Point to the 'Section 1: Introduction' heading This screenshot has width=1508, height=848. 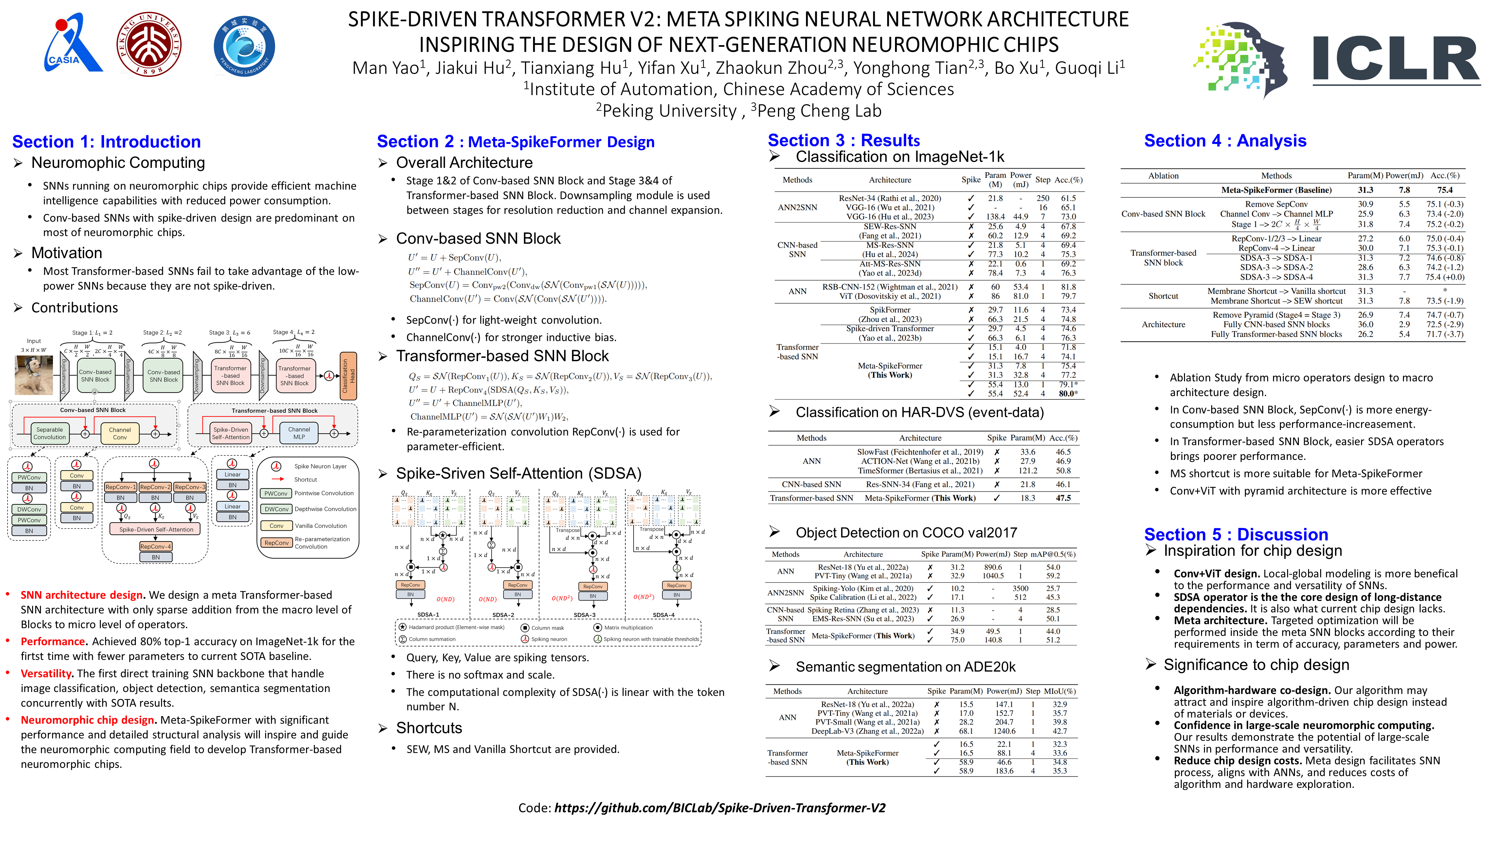click(107, 142)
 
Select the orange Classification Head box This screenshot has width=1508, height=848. click(348, 376)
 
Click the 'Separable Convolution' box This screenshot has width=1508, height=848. click(50, 433)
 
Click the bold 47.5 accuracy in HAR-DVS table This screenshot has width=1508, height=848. click(1063, 498)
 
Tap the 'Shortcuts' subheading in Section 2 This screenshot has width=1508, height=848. click(429, 728)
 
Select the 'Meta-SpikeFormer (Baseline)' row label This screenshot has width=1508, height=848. click(1276, 190)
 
